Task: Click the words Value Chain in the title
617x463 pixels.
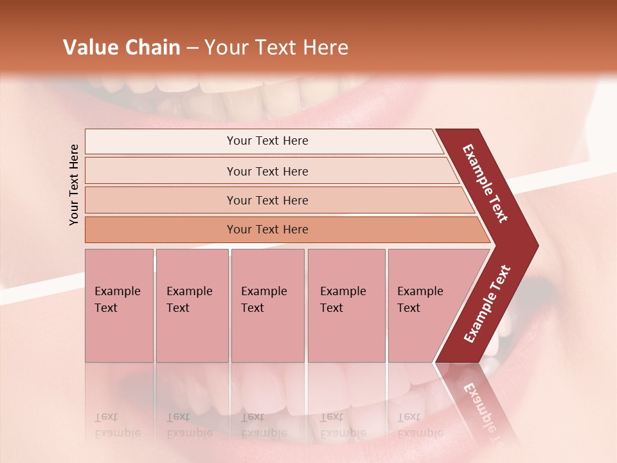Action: tap(121, 48)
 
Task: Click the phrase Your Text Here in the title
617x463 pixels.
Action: tap(276, 48)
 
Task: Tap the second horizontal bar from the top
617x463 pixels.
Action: tap(267, 171)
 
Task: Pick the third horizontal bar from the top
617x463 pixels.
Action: tap(267, 200)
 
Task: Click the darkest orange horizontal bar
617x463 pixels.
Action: tap(267, 230)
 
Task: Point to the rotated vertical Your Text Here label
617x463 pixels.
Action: tap(74, 185)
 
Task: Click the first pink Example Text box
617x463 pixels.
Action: tap(119, 305)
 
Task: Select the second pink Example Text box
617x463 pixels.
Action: tap(192, 305)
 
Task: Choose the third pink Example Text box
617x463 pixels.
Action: tap(267, 305)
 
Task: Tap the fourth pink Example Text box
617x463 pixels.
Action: tap(346, 305)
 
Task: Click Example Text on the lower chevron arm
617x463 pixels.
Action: tap(487, 304)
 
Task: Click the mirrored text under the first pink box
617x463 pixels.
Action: tap(117, 425)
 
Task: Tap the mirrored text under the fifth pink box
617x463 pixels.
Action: tap(420, 425)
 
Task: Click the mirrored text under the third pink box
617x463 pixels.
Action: tap(264, 425)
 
